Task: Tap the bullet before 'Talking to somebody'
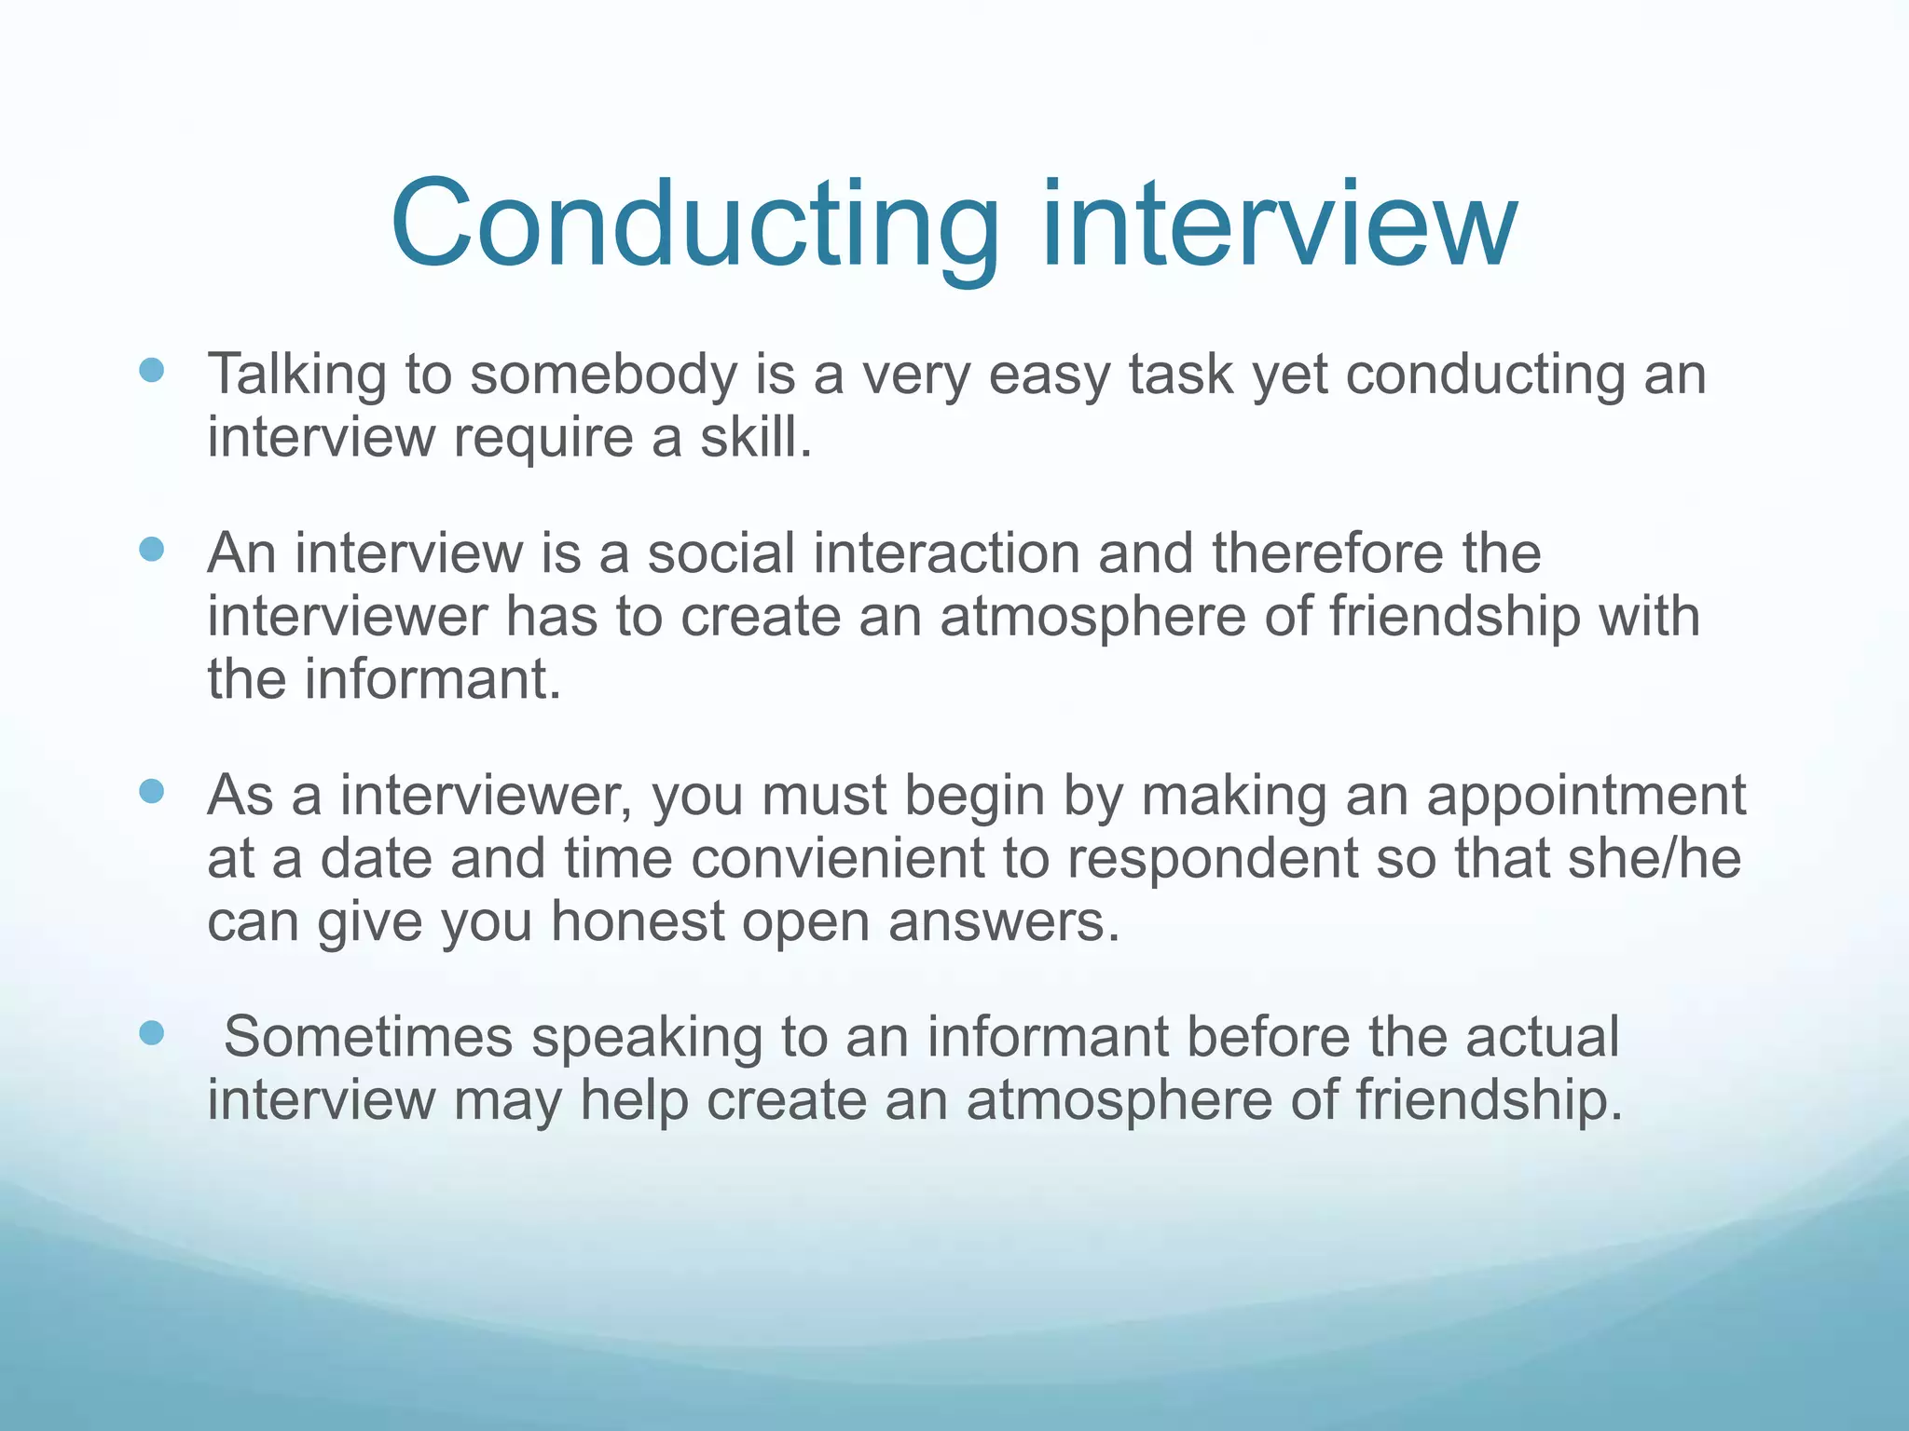point(151,370)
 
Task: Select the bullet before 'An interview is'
point(151,549)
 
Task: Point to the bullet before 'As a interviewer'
point(151,791)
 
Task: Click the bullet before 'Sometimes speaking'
point(151,1031)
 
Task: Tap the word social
point(721,553)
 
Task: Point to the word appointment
point(1586,797)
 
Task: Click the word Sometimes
point(368,1036)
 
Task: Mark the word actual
point(1542,1036)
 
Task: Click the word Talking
point(296,375)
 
